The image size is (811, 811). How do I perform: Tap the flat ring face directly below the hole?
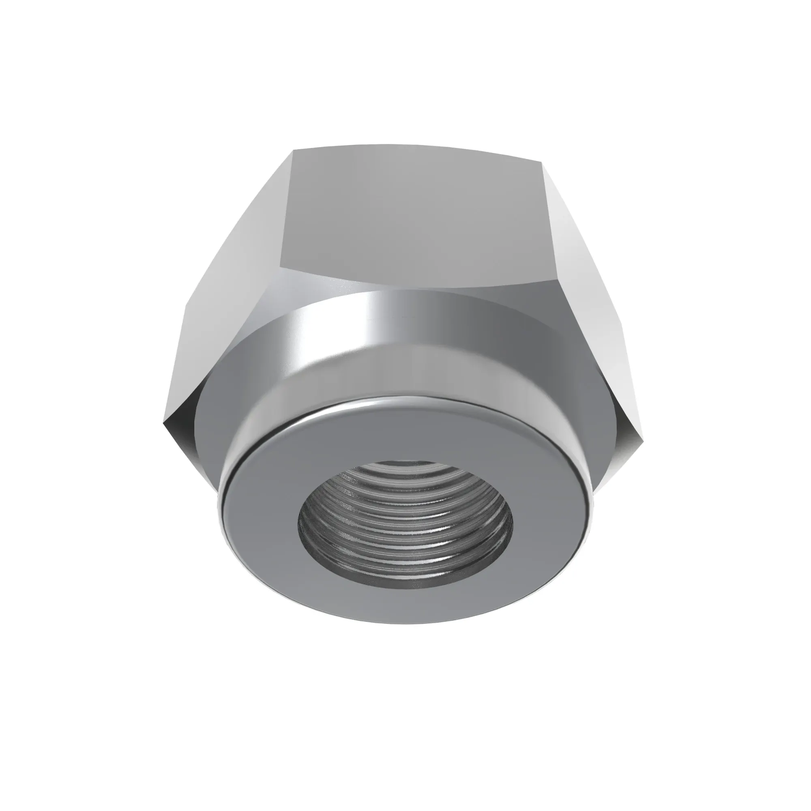(405, 605)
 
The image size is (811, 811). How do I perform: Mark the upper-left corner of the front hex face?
(294, 150)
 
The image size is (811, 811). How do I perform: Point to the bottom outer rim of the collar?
(405, 633)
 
